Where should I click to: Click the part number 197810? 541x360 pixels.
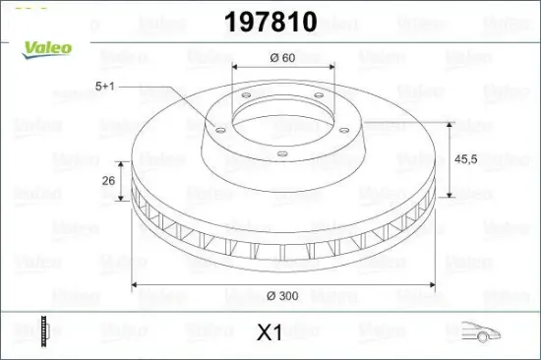tap(270, 23)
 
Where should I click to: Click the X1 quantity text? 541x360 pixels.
tap(269, 332)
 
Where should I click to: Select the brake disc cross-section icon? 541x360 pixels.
tap(43, 331)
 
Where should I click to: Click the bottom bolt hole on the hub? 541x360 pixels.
tap(281, 152)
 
